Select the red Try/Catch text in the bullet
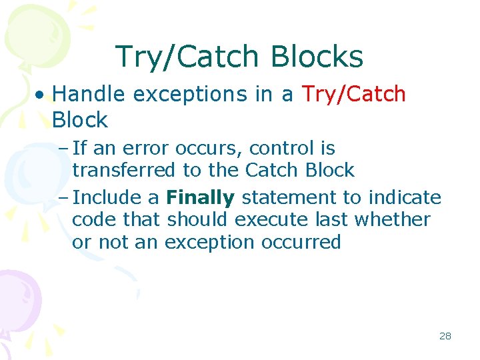pyautogui.click(x=354, y=95)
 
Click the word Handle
pyautogui.click(x=89, y=95)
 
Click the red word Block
pyautogui.click(x=80, y=120)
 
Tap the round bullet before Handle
pyautogui.click(x=41, y=95)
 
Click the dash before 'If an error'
pyautogui.click(x=64, y=148)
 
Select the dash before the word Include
pyautogui.click(x=64, y=198)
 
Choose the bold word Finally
pyautogui.click(x=201, y=198)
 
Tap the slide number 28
pyautogui.click(x=445, y=336)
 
